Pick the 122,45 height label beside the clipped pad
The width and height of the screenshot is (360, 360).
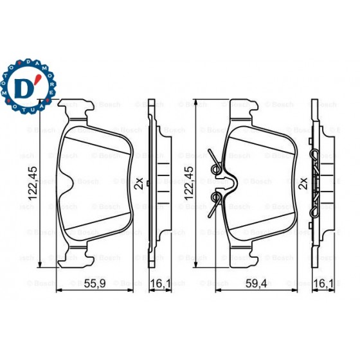point(188,184)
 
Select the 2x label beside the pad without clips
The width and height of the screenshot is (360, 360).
point(138,183)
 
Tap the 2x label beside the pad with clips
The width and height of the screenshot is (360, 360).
point(301,183)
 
